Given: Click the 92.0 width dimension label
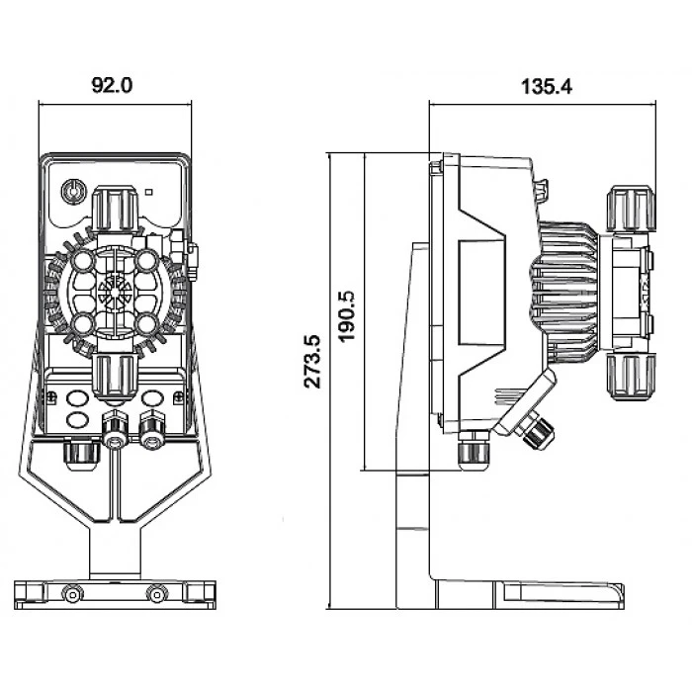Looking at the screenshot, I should (x=112, y=86).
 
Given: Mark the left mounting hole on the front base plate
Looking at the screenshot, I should (x=70, y=593).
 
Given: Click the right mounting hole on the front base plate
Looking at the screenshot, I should (x=153, y=593).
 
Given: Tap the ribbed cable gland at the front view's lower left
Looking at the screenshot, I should (x=80, y=453).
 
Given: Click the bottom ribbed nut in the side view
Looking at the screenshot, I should (x=625, y=377).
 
